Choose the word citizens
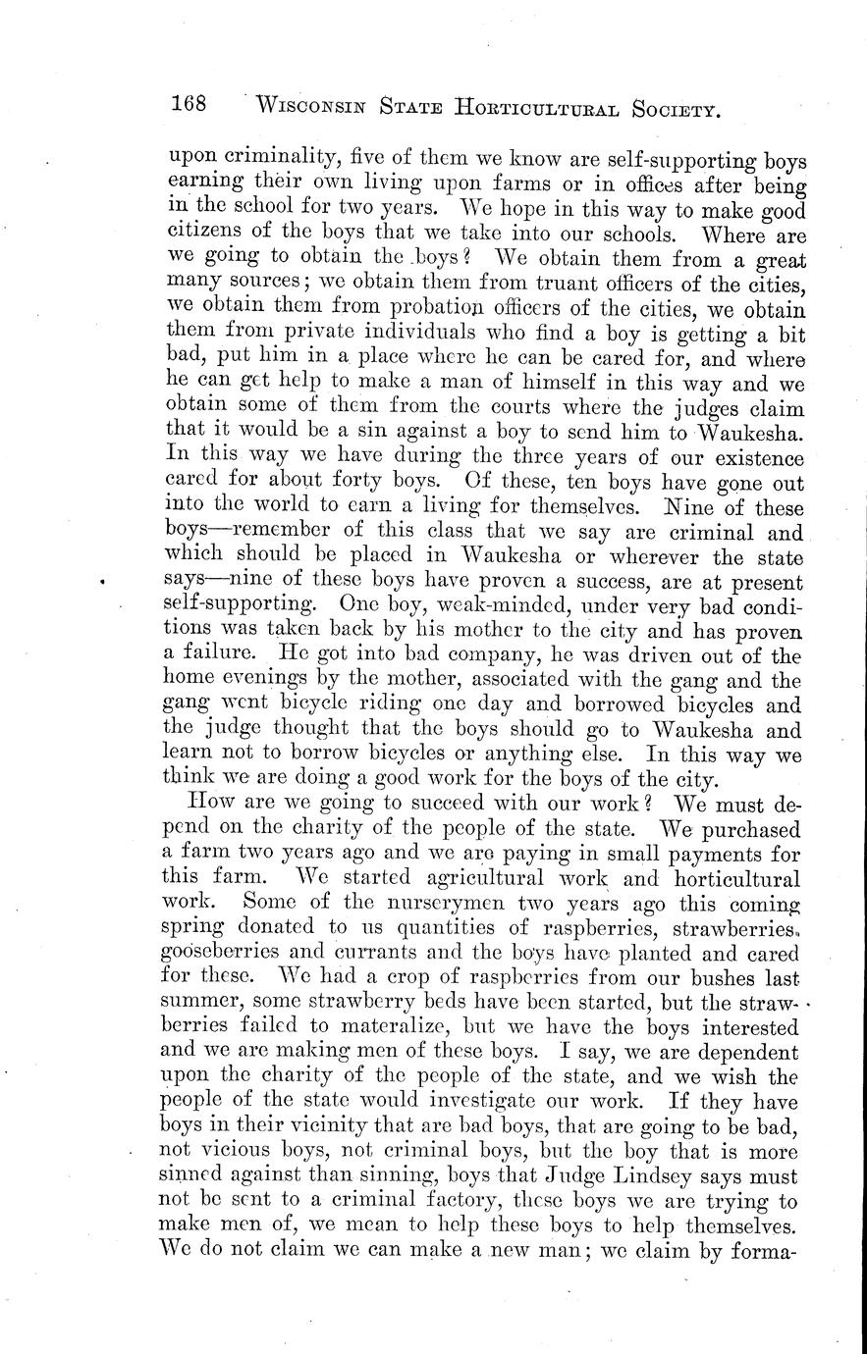(208, 234)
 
